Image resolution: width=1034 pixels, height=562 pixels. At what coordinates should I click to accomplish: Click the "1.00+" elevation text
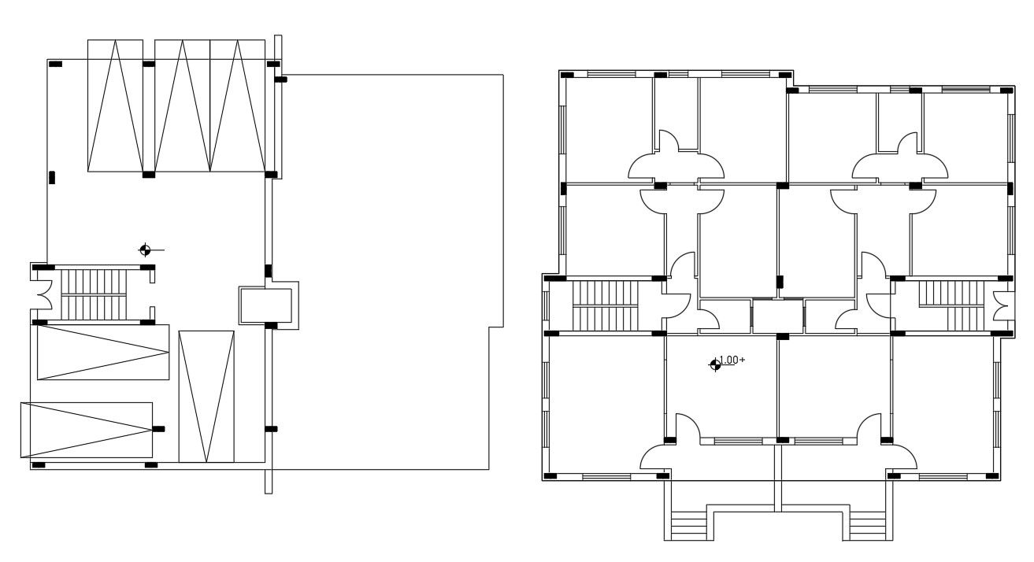click(733, 360)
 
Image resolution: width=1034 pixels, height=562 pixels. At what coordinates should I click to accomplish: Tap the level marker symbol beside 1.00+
click(715, 364)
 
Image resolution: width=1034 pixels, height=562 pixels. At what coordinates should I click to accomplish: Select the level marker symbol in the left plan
click(145, 250)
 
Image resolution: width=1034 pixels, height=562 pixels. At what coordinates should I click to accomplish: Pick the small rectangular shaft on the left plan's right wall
click(266, 305)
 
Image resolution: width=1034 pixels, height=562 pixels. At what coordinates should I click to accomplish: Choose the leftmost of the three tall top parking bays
click(116, 105)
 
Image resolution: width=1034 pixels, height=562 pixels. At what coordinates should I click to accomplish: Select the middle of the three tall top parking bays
click(182, 105)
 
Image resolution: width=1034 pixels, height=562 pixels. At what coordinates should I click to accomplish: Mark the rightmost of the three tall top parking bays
click(237, 105)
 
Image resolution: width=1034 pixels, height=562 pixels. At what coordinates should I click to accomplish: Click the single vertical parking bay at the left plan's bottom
click(206, 397)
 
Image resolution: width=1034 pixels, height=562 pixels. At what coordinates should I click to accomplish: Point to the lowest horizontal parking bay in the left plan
click(86, 429)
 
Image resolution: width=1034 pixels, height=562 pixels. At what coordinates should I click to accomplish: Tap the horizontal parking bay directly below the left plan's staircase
click(103, 352)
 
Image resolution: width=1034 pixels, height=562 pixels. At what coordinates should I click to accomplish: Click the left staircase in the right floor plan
click(603, 305)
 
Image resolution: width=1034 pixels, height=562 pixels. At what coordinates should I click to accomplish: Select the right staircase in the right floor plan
click(951, 305)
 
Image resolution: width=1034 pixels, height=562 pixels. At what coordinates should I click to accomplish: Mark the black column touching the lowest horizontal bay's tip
click(159, 429)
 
